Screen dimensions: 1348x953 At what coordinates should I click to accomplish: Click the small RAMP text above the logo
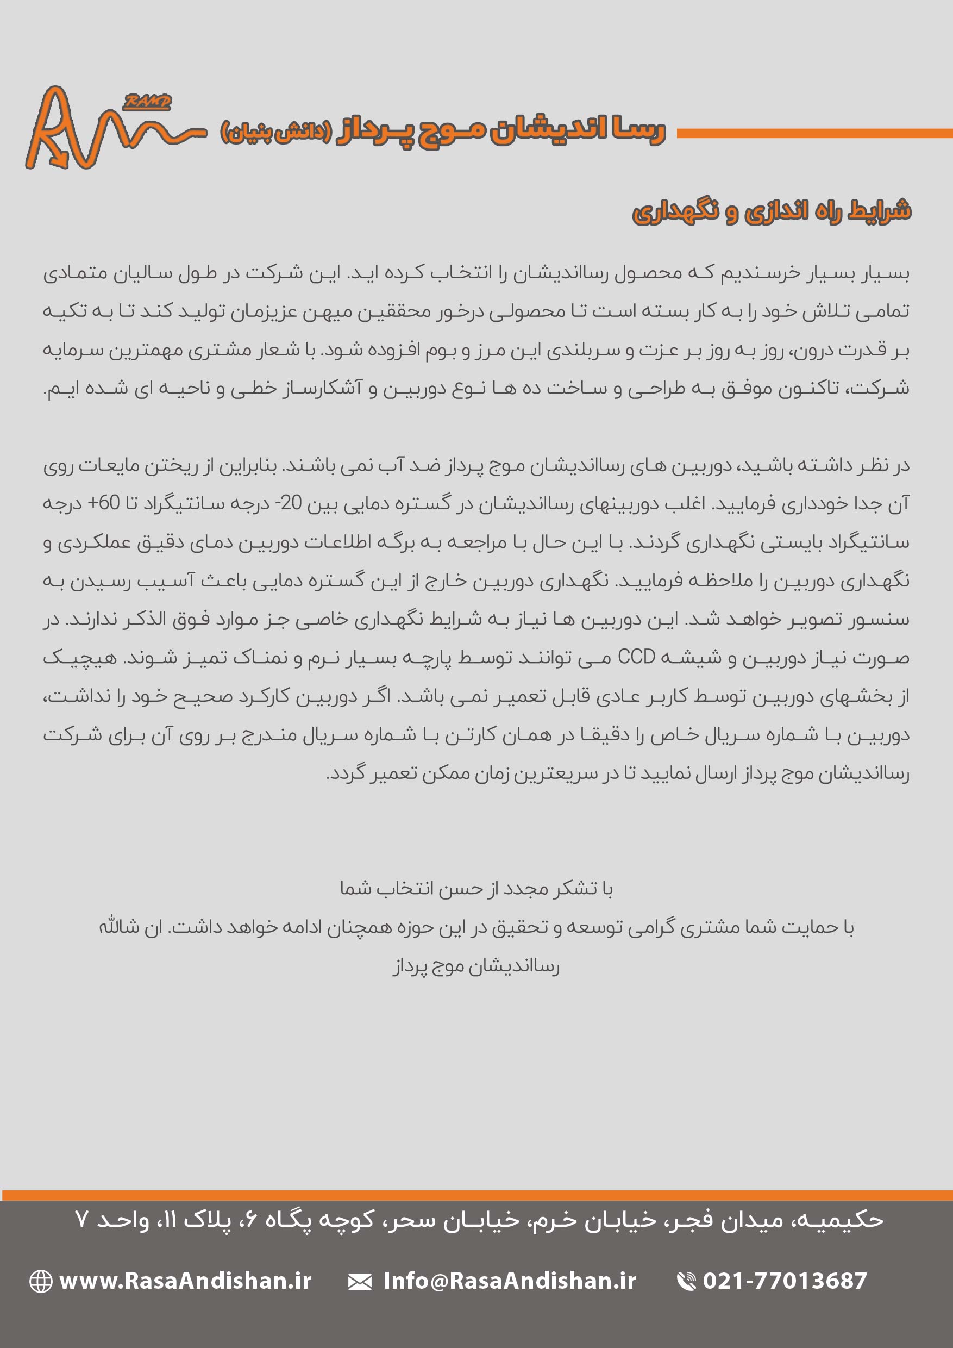tap(147, 102)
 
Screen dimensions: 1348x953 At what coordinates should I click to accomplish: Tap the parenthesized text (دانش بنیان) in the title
tap(276, 132)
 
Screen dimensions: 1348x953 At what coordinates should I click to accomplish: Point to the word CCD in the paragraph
tap(636, 657)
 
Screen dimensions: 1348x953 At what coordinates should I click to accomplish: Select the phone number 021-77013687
tap(785, 1281)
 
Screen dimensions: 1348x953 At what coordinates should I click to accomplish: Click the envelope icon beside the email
tap(359, 1282)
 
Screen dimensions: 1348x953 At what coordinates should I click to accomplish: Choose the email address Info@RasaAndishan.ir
tap(509, 1281)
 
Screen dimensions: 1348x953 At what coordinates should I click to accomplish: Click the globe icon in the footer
tap(41, 1281)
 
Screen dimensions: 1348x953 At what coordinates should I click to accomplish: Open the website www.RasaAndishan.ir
tap(185, 1281)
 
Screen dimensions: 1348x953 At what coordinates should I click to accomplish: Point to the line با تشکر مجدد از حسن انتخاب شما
tap(476, 889)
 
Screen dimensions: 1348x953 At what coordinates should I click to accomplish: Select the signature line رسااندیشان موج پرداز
tap(476, 966)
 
